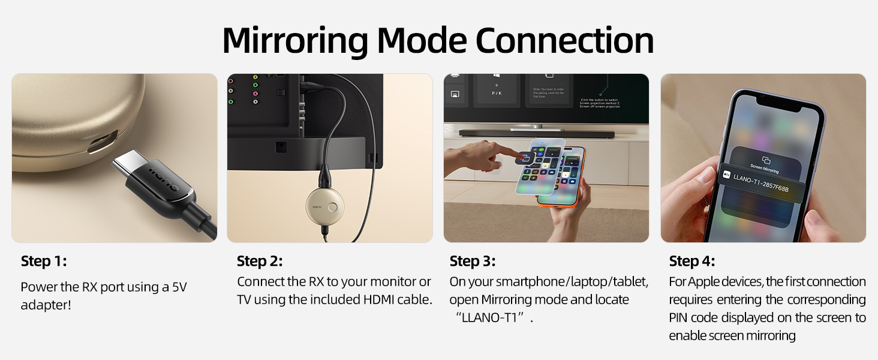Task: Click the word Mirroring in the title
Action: click(294, 41)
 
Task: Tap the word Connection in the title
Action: click(564, 41)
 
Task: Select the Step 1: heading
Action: click(44, 261)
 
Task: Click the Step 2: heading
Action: click(260, 261)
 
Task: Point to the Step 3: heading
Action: click(473, 261)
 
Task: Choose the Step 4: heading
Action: click(692, 261)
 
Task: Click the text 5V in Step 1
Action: click(179, 287)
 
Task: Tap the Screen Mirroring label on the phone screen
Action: click(765, 166)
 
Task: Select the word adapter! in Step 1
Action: click(46, 305)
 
